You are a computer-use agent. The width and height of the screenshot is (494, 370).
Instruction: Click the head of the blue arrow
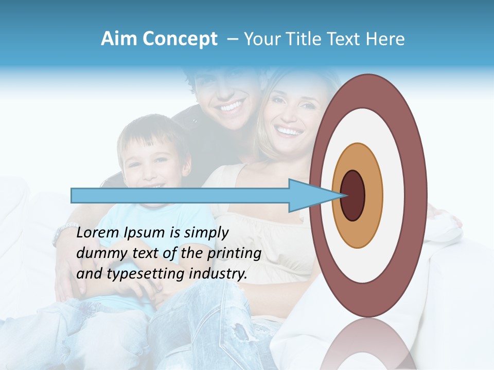tap(314, 195)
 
